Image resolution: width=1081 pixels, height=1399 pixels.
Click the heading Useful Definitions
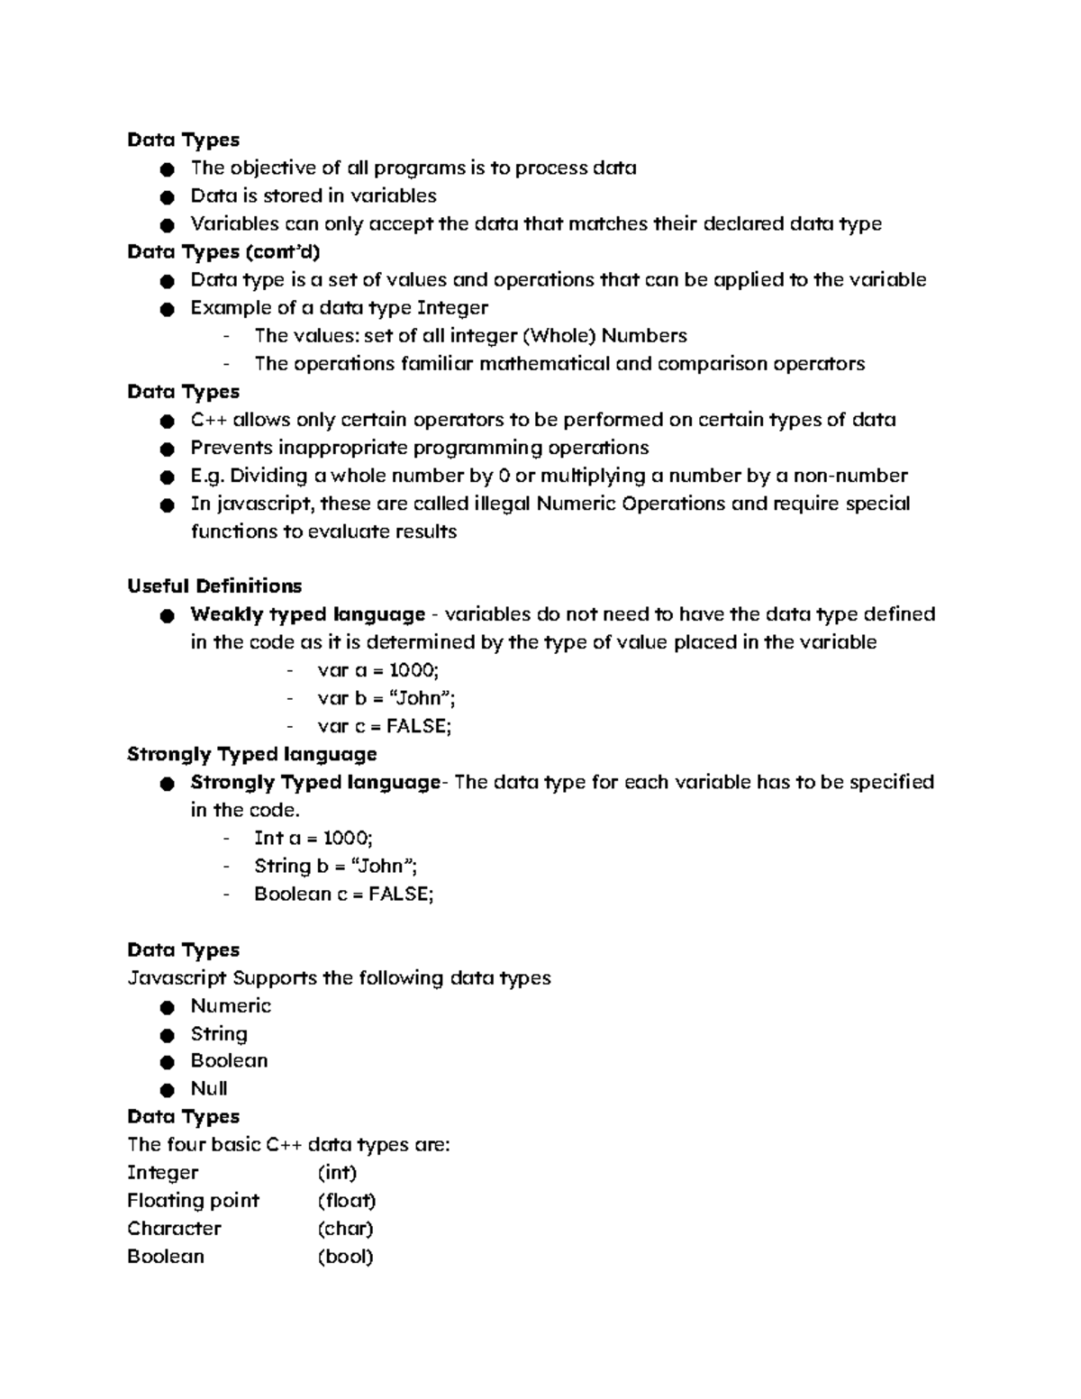click(214, 586)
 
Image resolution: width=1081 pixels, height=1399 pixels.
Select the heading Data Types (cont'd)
click(223, 251)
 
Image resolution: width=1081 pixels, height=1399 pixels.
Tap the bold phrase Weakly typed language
click(307, 614)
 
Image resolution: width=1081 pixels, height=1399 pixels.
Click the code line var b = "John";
click(380, 698)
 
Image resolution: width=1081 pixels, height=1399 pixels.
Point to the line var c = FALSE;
click(384, 726)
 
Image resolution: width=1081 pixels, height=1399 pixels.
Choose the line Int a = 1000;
click(313, 838)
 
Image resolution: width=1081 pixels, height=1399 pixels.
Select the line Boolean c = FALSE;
click(343, 894)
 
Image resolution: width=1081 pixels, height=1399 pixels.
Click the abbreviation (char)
click(345, 1229)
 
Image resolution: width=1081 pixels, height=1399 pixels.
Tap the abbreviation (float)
click(347, 1201)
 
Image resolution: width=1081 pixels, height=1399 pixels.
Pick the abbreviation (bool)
click(345, 1257)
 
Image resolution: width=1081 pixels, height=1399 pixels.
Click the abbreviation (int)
click(337, 1173)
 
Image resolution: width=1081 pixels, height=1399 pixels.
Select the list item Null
click(208, 1088)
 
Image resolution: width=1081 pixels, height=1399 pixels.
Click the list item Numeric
click(231, 1005)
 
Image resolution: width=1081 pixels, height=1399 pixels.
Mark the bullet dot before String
click(166, 1035)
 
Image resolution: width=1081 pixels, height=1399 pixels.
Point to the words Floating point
click(193, 1201)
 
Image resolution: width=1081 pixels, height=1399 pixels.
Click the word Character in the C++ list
click(174, 1229)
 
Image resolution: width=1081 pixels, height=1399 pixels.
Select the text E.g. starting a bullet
click(206, 476)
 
